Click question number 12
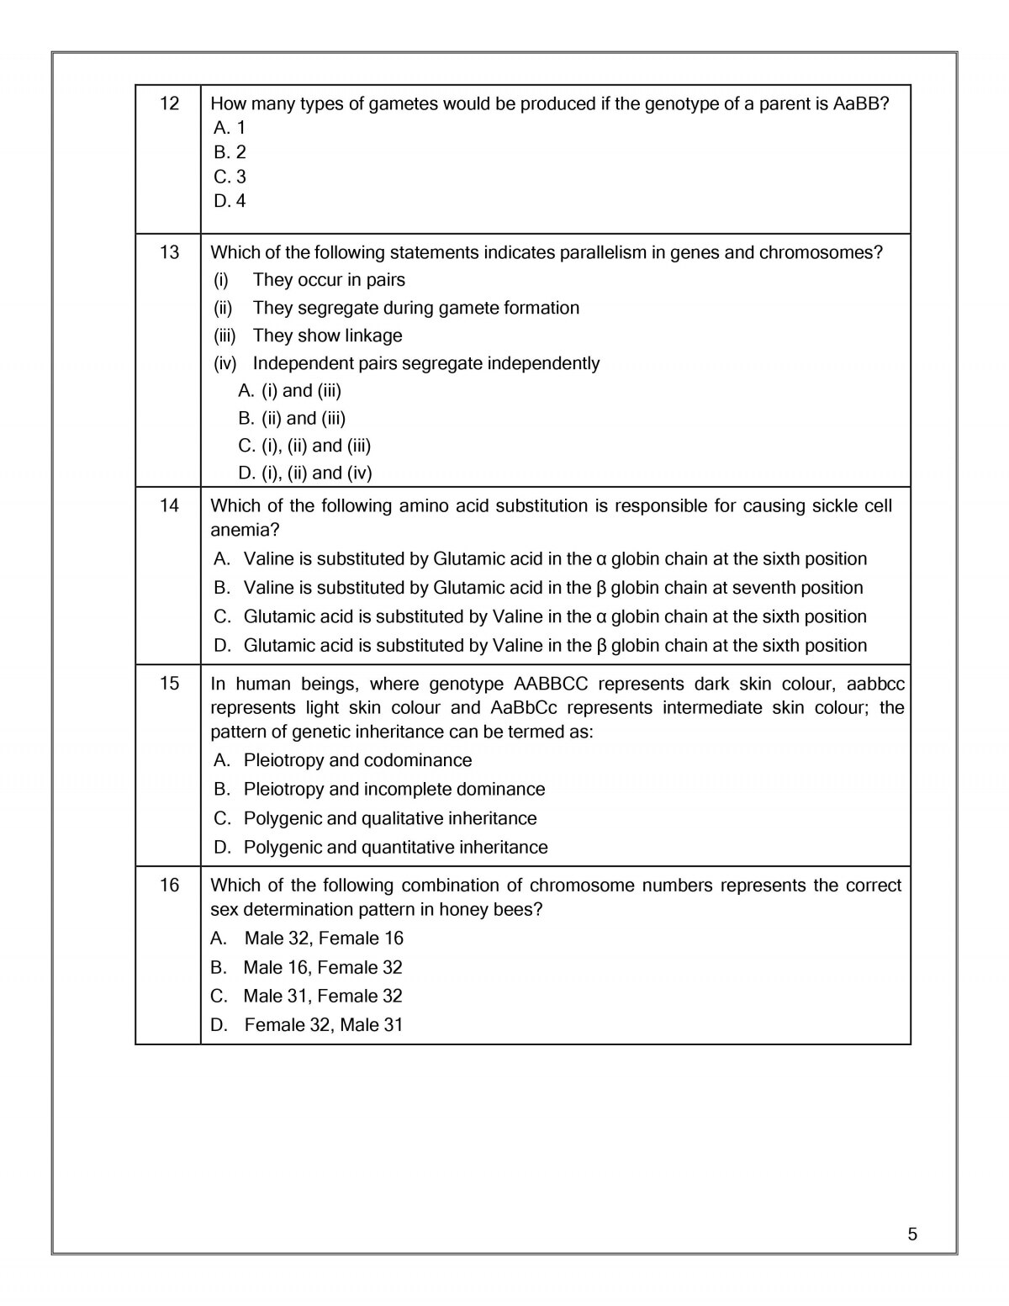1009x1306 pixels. (x=169, y=103)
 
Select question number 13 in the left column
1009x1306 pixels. (x=169, y=252)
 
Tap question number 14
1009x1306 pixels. (x=169, y=505)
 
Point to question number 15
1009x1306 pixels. (x=169, y=684)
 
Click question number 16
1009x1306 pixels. (x=169, y=886)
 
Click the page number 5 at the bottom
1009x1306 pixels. (x=913, y=1235)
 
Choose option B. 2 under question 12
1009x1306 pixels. (x=230, y=152)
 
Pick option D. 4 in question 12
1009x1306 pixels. (x=230, y=201)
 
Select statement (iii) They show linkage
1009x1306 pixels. (x=308, y=336)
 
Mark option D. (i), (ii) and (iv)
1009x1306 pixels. (x=304, y=473)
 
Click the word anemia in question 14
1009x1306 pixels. (x=245, y=530)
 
